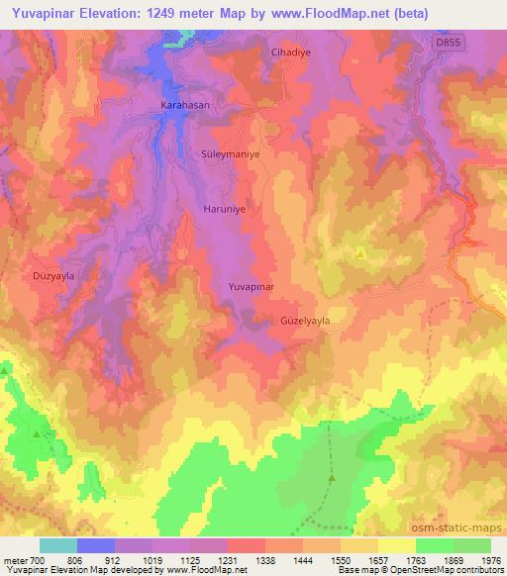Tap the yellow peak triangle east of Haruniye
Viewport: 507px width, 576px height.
(360, 253)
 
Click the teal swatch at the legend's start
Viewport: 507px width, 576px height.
(57, 545)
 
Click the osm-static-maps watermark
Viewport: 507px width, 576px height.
(465, 528)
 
